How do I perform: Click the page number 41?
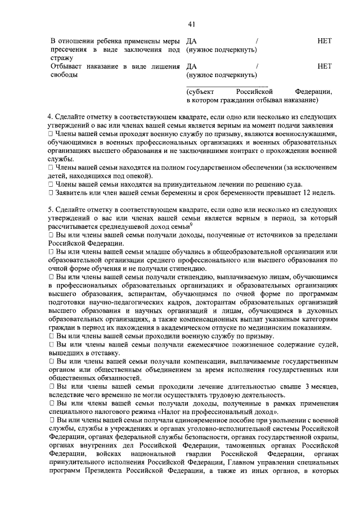pos(191,24)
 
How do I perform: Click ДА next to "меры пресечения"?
pos(191,41)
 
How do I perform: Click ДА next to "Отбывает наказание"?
pos(191,66)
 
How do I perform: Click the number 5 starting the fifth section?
pos(49,209)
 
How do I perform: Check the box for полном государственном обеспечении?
pos(50,168)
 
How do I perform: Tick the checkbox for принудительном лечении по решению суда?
pos(50,184)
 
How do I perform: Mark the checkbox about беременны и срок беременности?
pos(50,193)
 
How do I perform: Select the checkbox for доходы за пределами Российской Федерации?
pos(50,235)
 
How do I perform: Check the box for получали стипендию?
pos(50,277)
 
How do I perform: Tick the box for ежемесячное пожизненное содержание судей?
pos(50,344)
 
